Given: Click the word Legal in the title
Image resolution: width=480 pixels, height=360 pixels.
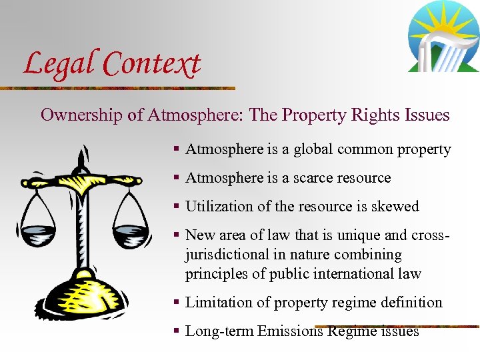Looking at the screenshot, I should coord(59,63).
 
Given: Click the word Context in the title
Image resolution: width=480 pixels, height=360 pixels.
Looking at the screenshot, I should coord(152,64).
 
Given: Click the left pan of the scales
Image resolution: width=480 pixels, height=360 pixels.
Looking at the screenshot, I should coord(39,233).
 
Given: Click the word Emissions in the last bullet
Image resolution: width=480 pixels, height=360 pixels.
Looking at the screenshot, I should coord(291,331).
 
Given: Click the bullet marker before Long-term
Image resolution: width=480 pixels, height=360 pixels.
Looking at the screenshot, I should coord(177,331).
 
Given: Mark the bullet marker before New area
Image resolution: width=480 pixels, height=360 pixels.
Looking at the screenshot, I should coord(177,235).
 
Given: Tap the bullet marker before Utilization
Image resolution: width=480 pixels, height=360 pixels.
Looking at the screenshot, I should coord(177,207).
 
